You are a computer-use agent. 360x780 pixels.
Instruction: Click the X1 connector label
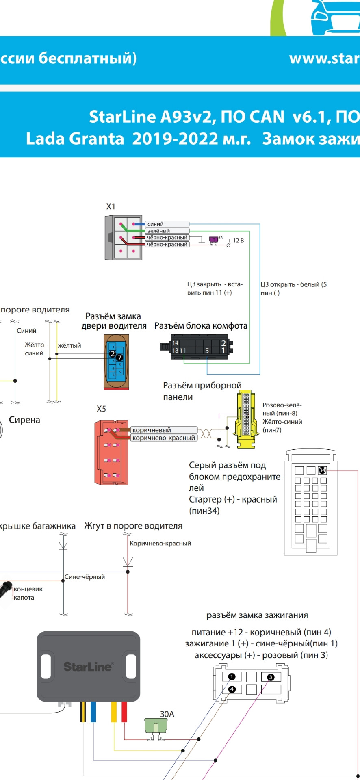111,206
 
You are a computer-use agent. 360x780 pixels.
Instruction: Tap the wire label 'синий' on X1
156,224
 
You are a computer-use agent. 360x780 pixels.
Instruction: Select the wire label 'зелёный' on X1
158,231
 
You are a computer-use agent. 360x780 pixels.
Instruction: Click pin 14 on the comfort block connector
175,343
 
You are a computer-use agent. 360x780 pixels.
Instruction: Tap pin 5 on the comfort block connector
207,351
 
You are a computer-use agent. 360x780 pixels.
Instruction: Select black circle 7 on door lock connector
119,357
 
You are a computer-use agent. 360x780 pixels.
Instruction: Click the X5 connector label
101,409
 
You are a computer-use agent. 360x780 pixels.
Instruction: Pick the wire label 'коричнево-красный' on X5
163,438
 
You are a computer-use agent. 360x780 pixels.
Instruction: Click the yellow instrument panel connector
245,419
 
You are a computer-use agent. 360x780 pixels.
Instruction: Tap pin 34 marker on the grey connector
322,470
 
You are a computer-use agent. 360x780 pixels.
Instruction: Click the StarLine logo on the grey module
88,667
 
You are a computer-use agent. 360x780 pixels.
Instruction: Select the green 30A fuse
156,727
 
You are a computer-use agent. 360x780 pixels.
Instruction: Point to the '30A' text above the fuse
167,714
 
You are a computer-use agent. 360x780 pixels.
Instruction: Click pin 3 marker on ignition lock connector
271,677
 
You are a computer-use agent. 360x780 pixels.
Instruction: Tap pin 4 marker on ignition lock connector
232,689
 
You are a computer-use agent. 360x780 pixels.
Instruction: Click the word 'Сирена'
24,420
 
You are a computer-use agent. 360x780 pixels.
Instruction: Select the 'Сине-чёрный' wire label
85,577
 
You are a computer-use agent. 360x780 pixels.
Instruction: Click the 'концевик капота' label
28,593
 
